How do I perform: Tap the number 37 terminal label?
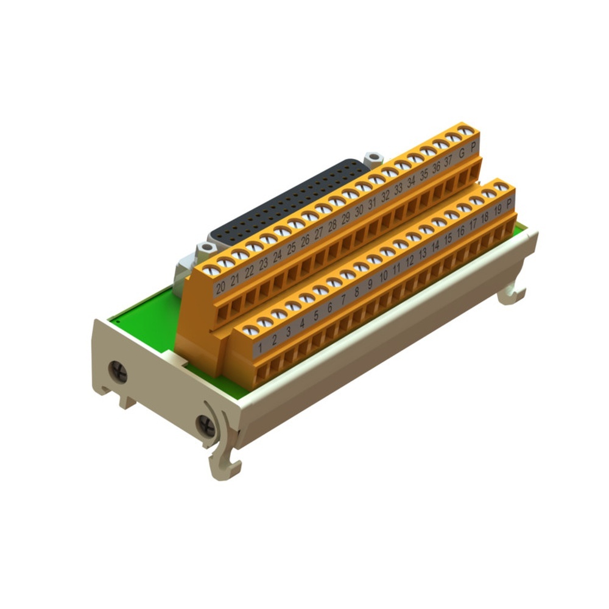coord(448,161)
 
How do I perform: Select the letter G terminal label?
coord(462,153)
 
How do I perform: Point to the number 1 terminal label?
coord(261,349)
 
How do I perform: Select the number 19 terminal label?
coord(498,210)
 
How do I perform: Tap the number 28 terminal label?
coord(332,225)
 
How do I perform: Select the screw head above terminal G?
coord(452,136)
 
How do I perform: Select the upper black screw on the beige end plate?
coord(118,371)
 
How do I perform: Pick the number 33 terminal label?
coord(398,189)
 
